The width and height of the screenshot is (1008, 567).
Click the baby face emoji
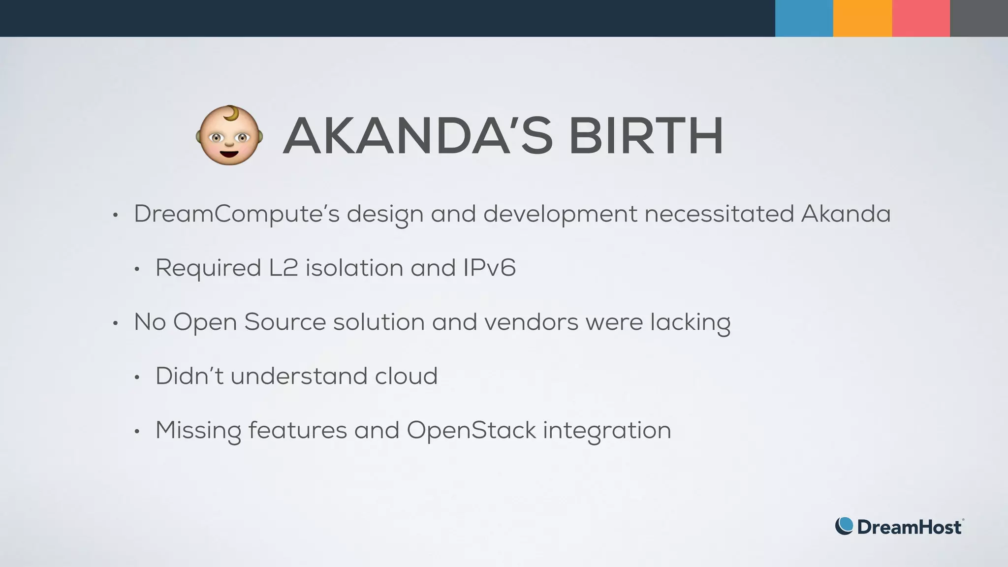pyautogui.click(x=229, y=135)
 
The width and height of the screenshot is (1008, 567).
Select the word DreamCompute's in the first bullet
pyautogui.click(x=237, y=214)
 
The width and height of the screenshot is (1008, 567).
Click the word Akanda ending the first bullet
pyautogui.click(x=846, y=214)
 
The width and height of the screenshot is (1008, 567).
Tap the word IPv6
pyautogui.click(x=489, y=268)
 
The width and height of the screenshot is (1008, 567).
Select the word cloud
pyautogui.click(x=406, y=377)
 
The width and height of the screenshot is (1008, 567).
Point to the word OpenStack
pyautogui.click(x=471, y=431)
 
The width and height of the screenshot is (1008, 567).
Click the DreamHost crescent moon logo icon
pyautogui.click(x=844, y=526)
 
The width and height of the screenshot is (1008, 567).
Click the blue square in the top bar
pyautogui.click(x=804, y=18)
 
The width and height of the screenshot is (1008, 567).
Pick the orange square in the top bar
pyautogui.click(x=862, y=18)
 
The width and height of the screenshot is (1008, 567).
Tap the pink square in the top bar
pyautogui.click(x=920, y=18)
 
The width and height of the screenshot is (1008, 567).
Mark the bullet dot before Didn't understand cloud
pyautogui.click(x=137, y=378)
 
